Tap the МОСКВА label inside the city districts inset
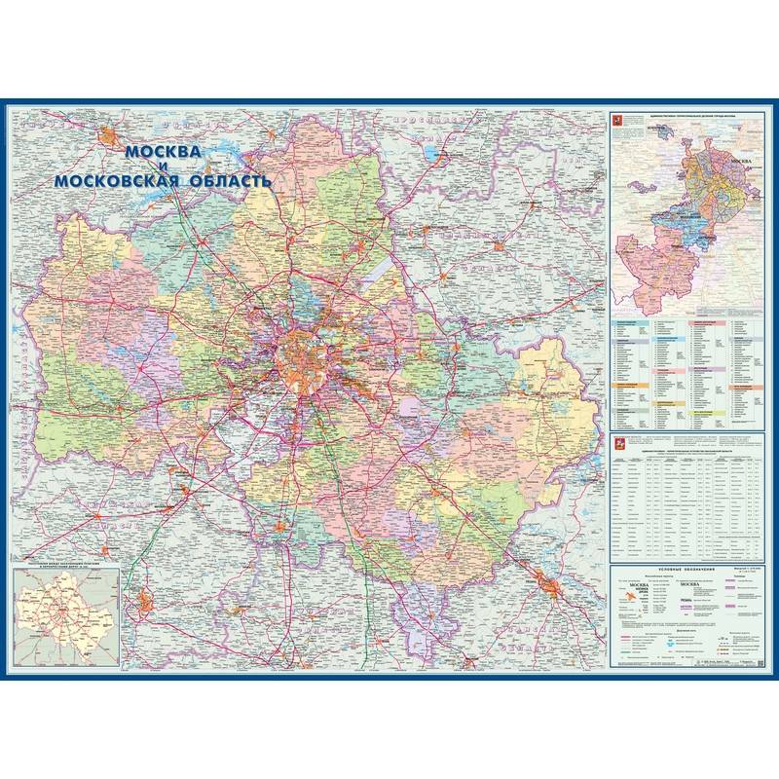[x=740, y=159]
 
